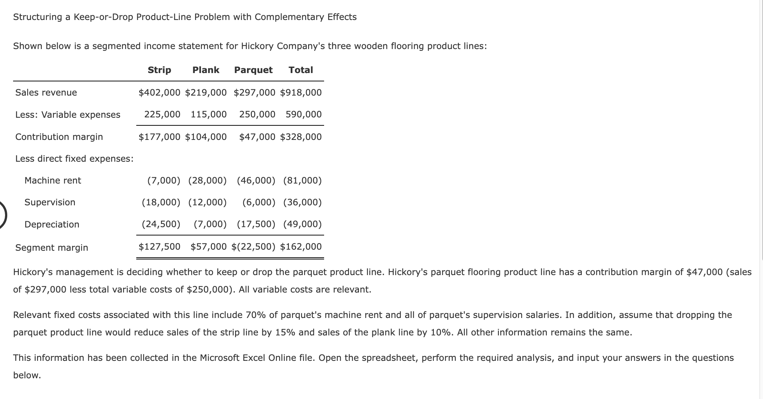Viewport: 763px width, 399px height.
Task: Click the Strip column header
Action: pyautogui.click(x=159, y=70)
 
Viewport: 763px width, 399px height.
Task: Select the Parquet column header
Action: pyautogui.click(x=253, y=70)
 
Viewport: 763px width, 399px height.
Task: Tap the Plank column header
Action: pyautogui.click(x=206, y=70)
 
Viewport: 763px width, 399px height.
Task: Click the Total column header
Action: pyautogui.click(x=300, y=70)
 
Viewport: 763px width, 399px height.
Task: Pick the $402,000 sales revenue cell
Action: pyautogui.click(x=159, y=93)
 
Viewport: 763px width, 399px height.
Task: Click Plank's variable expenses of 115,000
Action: pyautogui.click(x=209, y=114)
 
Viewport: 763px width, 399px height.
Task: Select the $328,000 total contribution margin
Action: pyautogui.click(x=301, y=137)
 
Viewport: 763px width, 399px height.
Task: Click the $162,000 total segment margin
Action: pyautogui.click(x=301, y=247)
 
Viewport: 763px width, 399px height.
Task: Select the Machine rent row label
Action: pyautogui.click(x=53, y=181)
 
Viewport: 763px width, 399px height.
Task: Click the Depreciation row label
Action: pyautogui.click(x=52, y=225)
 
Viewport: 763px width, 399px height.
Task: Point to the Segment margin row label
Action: pyautogui.click(x=52, y=248)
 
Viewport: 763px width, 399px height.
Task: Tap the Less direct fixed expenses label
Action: pyautogui.click(x=74, y=159)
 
